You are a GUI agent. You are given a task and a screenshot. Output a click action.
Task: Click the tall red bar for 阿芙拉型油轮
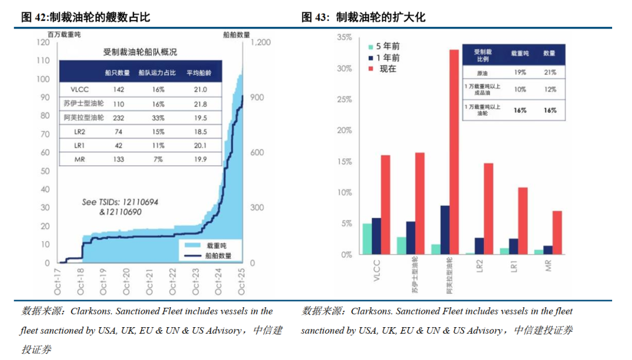[x=454, y=152]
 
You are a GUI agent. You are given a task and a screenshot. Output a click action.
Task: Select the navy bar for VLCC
[x=376, y=236]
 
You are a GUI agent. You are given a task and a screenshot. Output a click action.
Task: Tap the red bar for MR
[x=557, y=232]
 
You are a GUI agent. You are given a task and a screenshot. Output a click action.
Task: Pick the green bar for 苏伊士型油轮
[x=401, y=245]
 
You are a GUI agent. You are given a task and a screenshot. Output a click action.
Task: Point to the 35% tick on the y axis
[x=345, y=37]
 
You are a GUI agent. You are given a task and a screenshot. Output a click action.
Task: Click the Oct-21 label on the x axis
[x=150, y=282]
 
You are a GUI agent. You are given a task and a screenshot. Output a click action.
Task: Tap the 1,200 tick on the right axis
[x=261, y=42]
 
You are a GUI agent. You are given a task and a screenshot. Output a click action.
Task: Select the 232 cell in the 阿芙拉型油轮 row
[x=118, y=118]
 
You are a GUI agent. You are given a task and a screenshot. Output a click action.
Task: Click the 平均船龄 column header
[x=199, y=73]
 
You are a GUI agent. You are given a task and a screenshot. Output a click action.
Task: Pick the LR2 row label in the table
[x=80, y=132]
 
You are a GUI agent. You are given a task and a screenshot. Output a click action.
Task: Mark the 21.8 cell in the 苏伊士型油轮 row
[x=200, y=104]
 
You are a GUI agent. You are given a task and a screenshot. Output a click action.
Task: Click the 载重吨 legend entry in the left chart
[x=205, y=245]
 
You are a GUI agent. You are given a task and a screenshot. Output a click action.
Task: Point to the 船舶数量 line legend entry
[x=208, y=256]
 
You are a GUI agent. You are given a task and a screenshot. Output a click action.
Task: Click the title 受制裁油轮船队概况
[x=140, y=52]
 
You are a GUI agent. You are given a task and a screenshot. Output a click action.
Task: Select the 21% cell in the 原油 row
[x=549, y=72]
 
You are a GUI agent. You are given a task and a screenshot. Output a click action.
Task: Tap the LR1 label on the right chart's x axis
[x=514, y=266]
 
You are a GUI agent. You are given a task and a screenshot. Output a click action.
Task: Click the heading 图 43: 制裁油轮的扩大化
[x=363, y=17]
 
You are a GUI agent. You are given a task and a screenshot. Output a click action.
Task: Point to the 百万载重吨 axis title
[x=64, y=35]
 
